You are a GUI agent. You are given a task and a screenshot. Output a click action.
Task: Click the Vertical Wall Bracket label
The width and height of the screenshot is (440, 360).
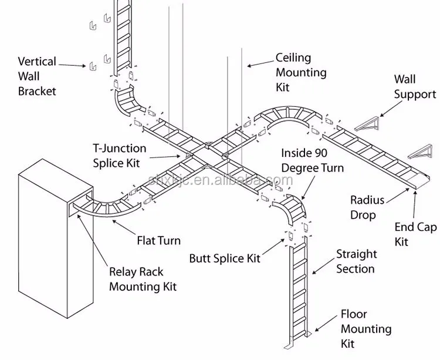click(36, 76)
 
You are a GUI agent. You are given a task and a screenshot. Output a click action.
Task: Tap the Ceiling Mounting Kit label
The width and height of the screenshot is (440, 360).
click(301, 73)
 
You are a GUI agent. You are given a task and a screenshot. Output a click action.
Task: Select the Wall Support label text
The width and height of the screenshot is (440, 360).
click(415, 86)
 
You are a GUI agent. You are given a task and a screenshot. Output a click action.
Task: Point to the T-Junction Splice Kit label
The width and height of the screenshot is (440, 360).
click(120, 156)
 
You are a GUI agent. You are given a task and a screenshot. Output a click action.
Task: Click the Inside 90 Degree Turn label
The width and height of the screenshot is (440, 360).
click(312, 160)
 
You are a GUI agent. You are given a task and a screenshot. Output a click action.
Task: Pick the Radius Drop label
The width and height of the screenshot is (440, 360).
click(367, 207)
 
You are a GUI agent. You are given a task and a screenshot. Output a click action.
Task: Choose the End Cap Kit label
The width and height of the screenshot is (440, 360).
click(415, 234)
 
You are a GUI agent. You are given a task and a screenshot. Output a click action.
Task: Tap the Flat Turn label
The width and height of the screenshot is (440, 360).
click(158, 241)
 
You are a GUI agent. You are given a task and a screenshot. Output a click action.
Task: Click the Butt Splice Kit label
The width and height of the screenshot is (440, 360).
click(225, 258)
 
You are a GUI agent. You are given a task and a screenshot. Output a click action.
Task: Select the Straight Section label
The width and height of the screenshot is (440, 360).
click(356, 261)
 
